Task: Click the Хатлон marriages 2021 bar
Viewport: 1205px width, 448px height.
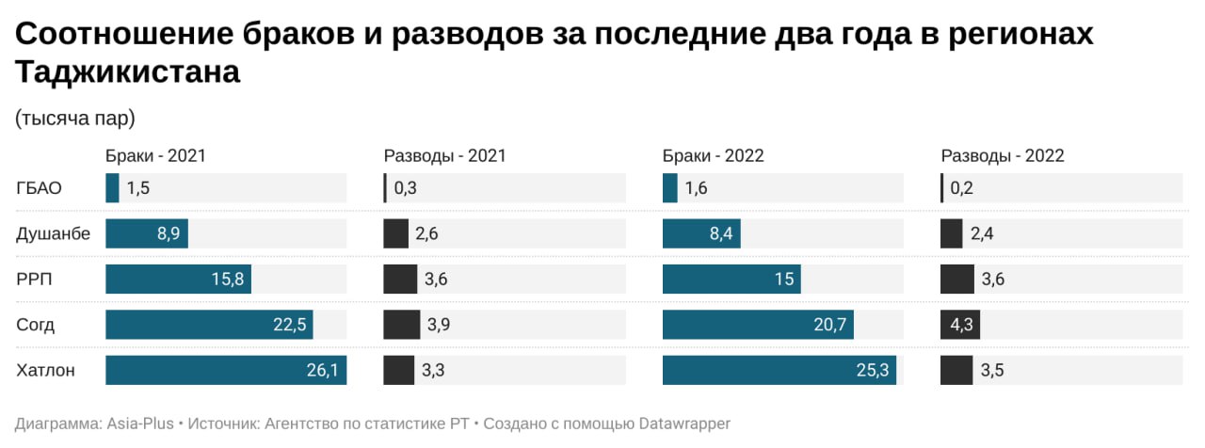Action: tap(226, 370)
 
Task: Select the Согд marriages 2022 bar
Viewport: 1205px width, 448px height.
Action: tap(758, 325)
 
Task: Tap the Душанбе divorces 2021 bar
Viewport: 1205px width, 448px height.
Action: tap(395, 233)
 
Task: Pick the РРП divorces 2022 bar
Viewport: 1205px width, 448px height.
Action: tap(956, 279)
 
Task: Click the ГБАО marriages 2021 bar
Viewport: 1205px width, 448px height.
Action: tap(112, 188)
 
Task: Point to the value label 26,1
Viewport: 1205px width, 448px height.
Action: tap(322, 370)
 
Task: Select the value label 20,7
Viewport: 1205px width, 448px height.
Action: tap(828, 325)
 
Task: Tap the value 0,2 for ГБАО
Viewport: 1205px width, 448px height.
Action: tap(961, 188)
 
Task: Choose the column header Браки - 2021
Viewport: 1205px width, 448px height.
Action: tap(155, 156)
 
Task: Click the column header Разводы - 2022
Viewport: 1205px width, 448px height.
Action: tap(1003, 156)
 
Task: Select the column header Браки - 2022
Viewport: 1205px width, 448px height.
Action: tap(713, 156)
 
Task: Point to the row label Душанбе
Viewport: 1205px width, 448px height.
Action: tap(54, 233)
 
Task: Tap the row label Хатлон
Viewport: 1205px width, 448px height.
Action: tap(45, 370)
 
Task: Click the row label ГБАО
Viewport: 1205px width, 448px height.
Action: tap(40, 188)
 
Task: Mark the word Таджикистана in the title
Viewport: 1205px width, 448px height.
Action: tap(128, 72)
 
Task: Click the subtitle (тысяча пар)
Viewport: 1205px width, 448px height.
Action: tap(75, 119)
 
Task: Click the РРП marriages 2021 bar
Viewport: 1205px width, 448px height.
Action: tap(178, 279)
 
